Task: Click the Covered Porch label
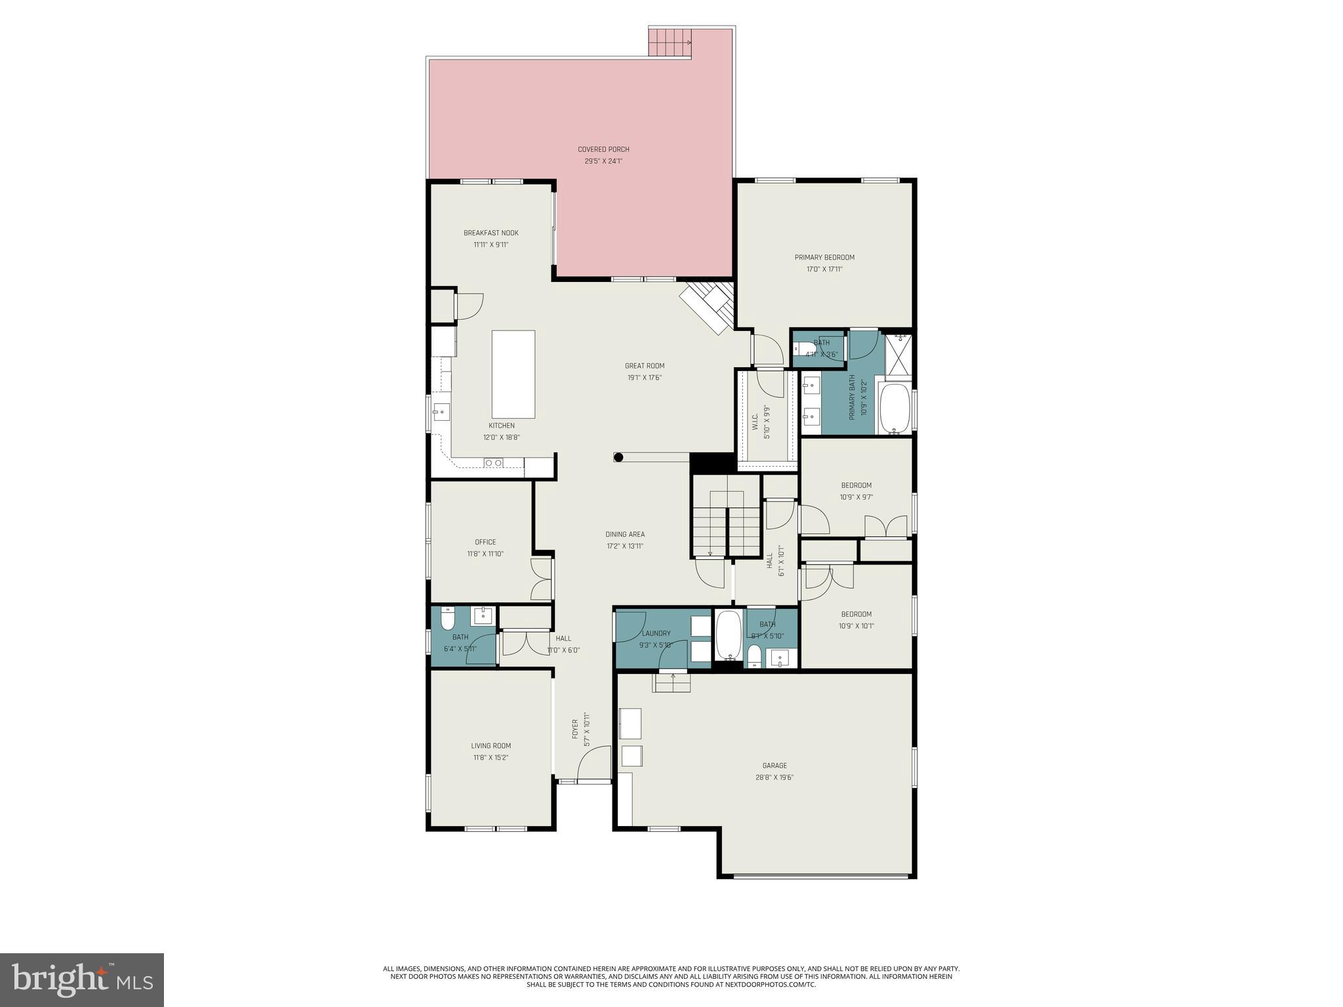[x=603, y=149]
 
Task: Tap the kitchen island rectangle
[x=513, y=374]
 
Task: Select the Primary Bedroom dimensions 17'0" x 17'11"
[x=824, y=269]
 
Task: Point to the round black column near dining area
[x=618, y=458]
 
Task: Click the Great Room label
[x=645, y=366]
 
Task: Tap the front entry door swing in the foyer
[x=593, y=764]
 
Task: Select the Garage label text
[x=774, y=766]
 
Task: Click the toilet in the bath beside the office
[x=448, y=620]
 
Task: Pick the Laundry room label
[x=656, y=633]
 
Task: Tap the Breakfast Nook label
[x=491, y=233]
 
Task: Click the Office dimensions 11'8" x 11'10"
[x=485, y=554]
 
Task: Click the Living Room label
[x=491, y=745]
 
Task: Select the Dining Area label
[x=625, y=534]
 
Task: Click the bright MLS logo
[x=82, y=980]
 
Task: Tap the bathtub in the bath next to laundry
[x=728, y=634]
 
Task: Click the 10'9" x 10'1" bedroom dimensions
[x=856, y=626]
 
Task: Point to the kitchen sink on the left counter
[x=440, y=413]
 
